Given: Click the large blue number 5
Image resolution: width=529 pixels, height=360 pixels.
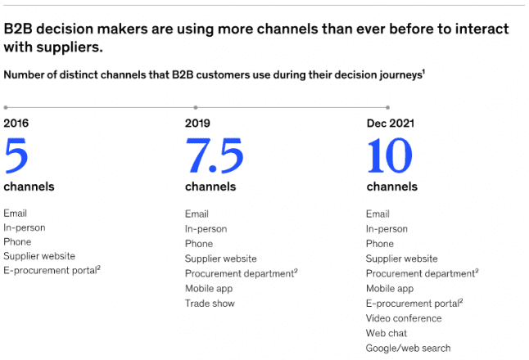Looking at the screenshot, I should point(16,155).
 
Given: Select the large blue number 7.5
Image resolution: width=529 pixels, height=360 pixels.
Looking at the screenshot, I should point(214,155).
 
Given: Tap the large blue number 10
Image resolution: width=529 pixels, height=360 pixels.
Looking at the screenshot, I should point(390,155).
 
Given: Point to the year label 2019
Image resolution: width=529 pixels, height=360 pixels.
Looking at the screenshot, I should point(197,124).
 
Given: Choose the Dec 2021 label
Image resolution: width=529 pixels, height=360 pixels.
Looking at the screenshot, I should point(390,124).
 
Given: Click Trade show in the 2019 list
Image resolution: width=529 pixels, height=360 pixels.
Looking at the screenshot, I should point(210,304).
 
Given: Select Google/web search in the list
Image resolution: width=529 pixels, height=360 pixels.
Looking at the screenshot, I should point(408,349).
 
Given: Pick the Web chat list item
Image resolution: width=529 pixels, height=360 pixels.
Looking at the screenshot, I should point(387,334).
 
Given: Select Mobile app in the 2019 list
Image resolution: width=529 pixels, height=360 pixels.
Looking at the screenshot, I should point(210,289).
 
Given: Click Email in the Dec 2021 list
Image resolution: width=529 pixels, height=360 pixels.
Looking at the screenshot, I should point(378,214).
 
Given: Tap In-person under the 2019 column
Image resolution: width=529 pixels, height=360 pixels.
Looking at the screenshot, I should point(206,229).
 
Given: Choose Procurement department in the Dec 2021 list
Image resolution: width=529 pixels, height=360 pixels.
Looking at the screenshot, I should point(420,273).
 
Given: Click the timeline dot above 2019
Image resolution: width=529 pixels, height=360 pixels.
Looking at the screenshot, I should point(195,107).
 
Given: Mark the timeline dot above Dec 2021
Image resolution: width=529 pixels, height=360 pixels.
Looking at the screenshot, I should point(387,107).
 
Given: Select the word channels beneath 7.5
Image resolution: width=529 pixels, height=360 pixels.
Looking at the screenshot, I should point(210,187).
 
